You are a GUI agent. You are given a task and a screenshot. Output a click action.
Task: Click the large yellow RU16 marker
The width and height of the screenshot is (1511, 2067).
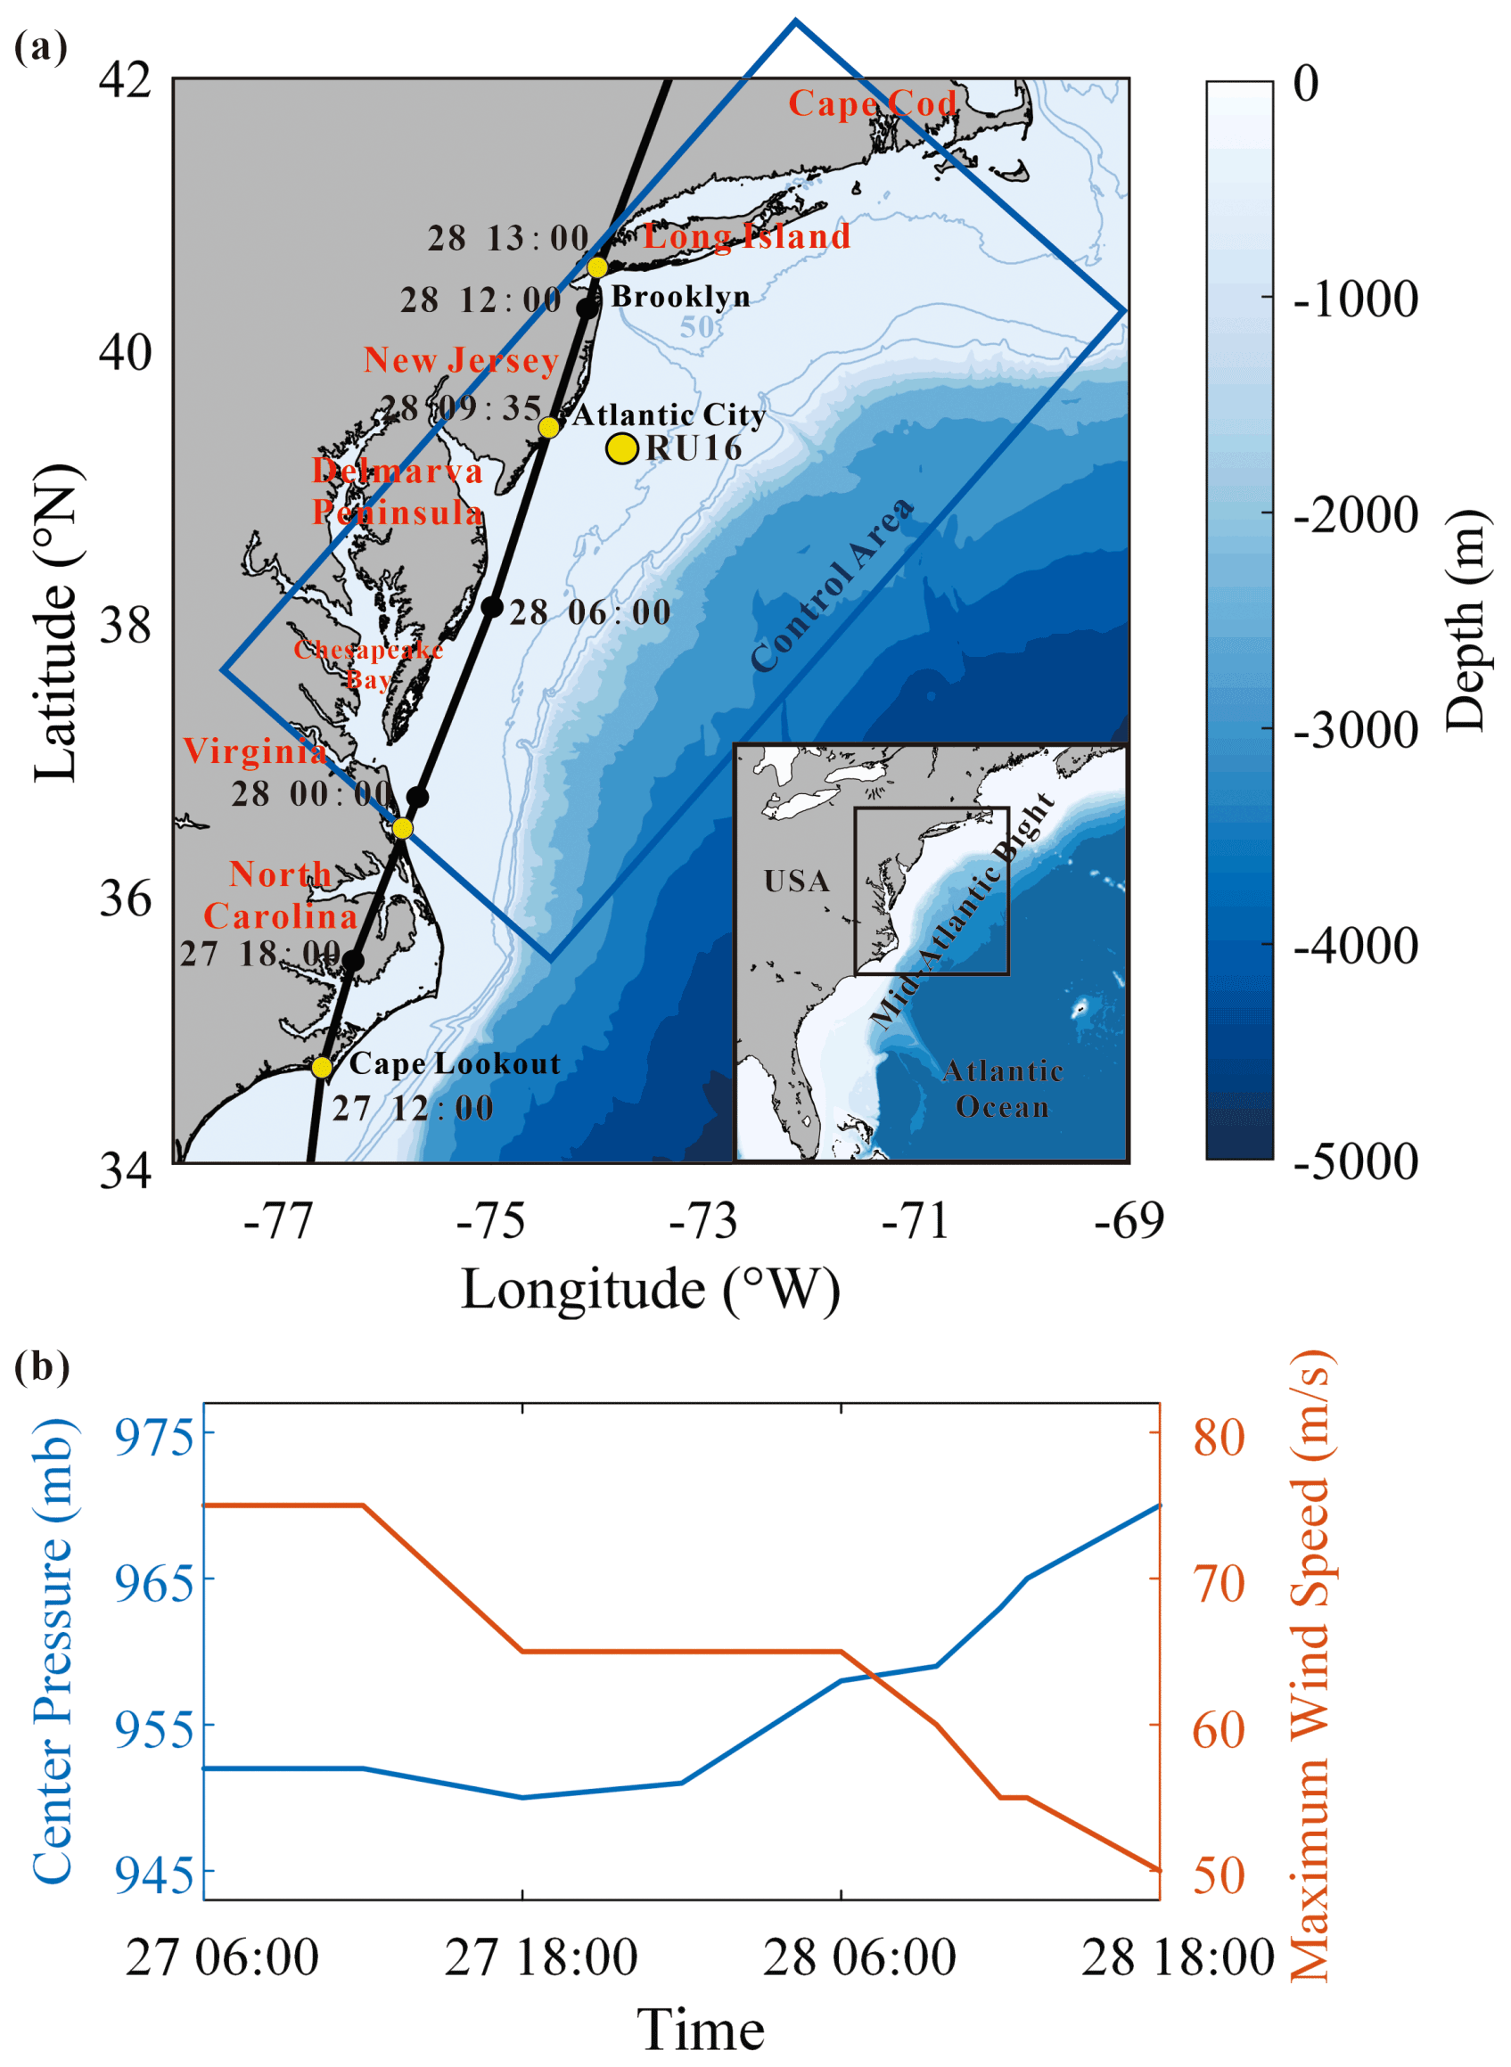(x=622, y=448)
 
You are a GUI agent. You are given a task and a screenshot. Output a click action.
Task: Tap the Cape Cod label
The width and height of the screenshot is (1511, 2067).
(x=873, y=103)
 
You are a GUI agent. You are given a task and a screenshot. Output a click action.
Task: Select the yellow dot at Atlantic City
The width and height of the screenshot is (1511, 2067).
(x=549, y=427)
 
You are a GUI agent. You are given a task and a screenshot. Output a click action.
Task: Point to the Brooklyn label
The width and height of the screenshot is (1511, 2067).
(x=680, y=296)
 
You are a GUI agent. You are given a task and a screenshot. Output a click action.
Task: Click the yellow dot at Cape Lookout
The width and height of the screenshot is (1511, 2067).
(x=322, y=1067)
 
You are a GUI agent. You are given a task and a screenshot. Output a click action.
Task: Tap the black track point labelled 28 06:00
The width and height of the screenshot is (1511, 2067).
(x=492, y=606)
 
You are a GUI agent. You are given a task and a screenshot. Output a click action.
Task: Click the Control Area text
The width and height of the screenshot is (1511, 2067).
(x=832, y=586)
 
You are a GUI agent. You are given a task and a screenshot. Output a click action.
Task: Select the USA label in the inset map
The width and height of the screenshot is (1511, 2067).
(x=797, y=881)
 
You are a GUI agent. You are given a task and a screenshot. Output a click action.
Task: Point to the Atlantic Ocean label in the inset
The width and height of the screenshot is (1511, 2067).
(x=1003, y=1088)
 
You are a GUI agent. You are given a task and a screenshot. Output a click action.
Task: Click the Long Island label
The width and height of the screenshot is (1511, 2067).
(x=746, y=237)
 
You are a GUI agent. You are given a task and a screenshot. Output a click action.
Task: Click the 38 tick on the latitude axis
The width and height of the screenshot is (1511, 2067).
(x=126, y=625)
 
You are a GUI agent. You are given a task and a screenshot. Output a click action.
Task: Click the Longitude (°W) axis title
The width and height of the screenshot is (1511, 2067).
(x=651, y=1290)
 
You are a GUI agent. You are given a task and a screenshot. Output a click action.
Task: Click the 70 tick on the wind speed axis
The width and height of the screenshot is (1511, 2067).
(x=1219, y=1579)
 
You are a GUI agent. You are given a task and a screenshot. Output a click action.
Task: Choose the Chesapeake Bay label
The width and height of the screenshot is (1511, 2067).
(x=368, y=664)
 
